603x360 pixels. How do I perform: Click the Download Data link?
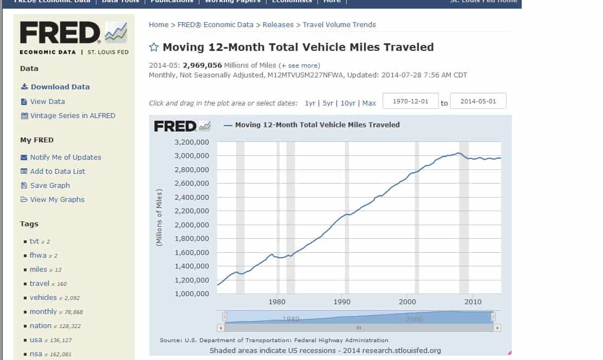[x=60, y=87]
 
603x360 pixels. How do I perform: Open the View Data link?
[x=47, y=101]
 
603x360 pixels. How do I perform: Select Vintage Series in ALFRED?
[x=72, y=115]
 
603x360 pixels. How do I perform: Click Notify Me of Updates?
[x=65, y=157]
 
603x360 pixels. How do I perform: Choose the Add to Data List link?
[x=57, y=171]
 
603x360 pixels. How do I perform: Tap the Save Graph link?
[x=50, y=185]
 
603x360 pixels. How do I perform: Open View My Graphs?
[x=57, y=199]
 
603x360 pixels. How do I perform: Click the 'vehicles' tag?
[x=43, y=298]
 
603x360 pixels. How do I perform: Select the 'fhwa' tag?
[x=38, y=256]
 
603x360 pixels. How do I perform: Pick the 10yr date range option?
[x=348, y=103]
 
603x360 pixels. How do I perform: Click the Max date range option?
[x=369, y=103]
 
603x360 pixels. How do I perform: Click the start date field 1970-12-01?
[x=410, y=101]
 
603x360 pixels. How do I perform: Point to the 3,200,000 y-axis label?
[x=192, y=142]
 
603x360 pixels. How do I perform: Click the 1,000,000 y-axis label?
[x=192, y=294]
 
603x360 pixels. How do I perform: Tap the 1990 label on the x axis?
[x=342, y=302]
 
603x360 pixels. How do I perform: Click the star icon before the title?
[x=154, y=47]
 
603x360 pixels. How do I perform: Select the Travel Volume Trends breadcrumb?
[x=339, y=24]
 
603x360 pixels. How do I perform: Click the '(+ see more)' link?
[x=299, y=66]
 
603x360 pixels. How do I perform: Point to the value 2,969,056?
[x=203, y=65]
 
